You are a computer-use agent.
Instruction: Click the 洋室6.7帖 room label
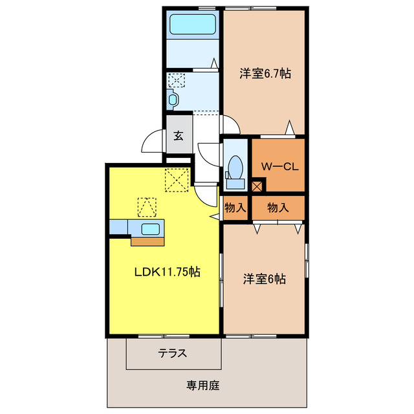[265, 74]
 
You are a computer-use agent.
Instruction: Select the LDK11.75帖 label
[167, 272]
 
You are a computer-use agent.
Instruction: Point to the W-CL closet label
[279, 166]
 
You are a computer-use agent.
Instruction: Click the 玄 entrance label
[178, 135]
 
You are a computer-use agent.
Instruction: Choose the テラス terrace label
[173, 354]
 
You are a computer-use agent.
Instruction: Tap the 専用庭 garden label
[203, 386]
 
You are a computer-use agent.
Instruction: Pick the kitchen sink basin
[153, 228]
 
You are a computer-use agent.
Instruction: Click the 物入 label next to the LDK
[235, 208]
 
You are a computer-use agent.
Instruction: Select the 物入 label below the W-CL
[278, 208]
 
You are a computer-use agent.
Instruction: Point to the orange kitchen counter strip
[148, 241]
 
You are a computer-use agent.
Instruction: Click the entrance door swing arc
[151, 138]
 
